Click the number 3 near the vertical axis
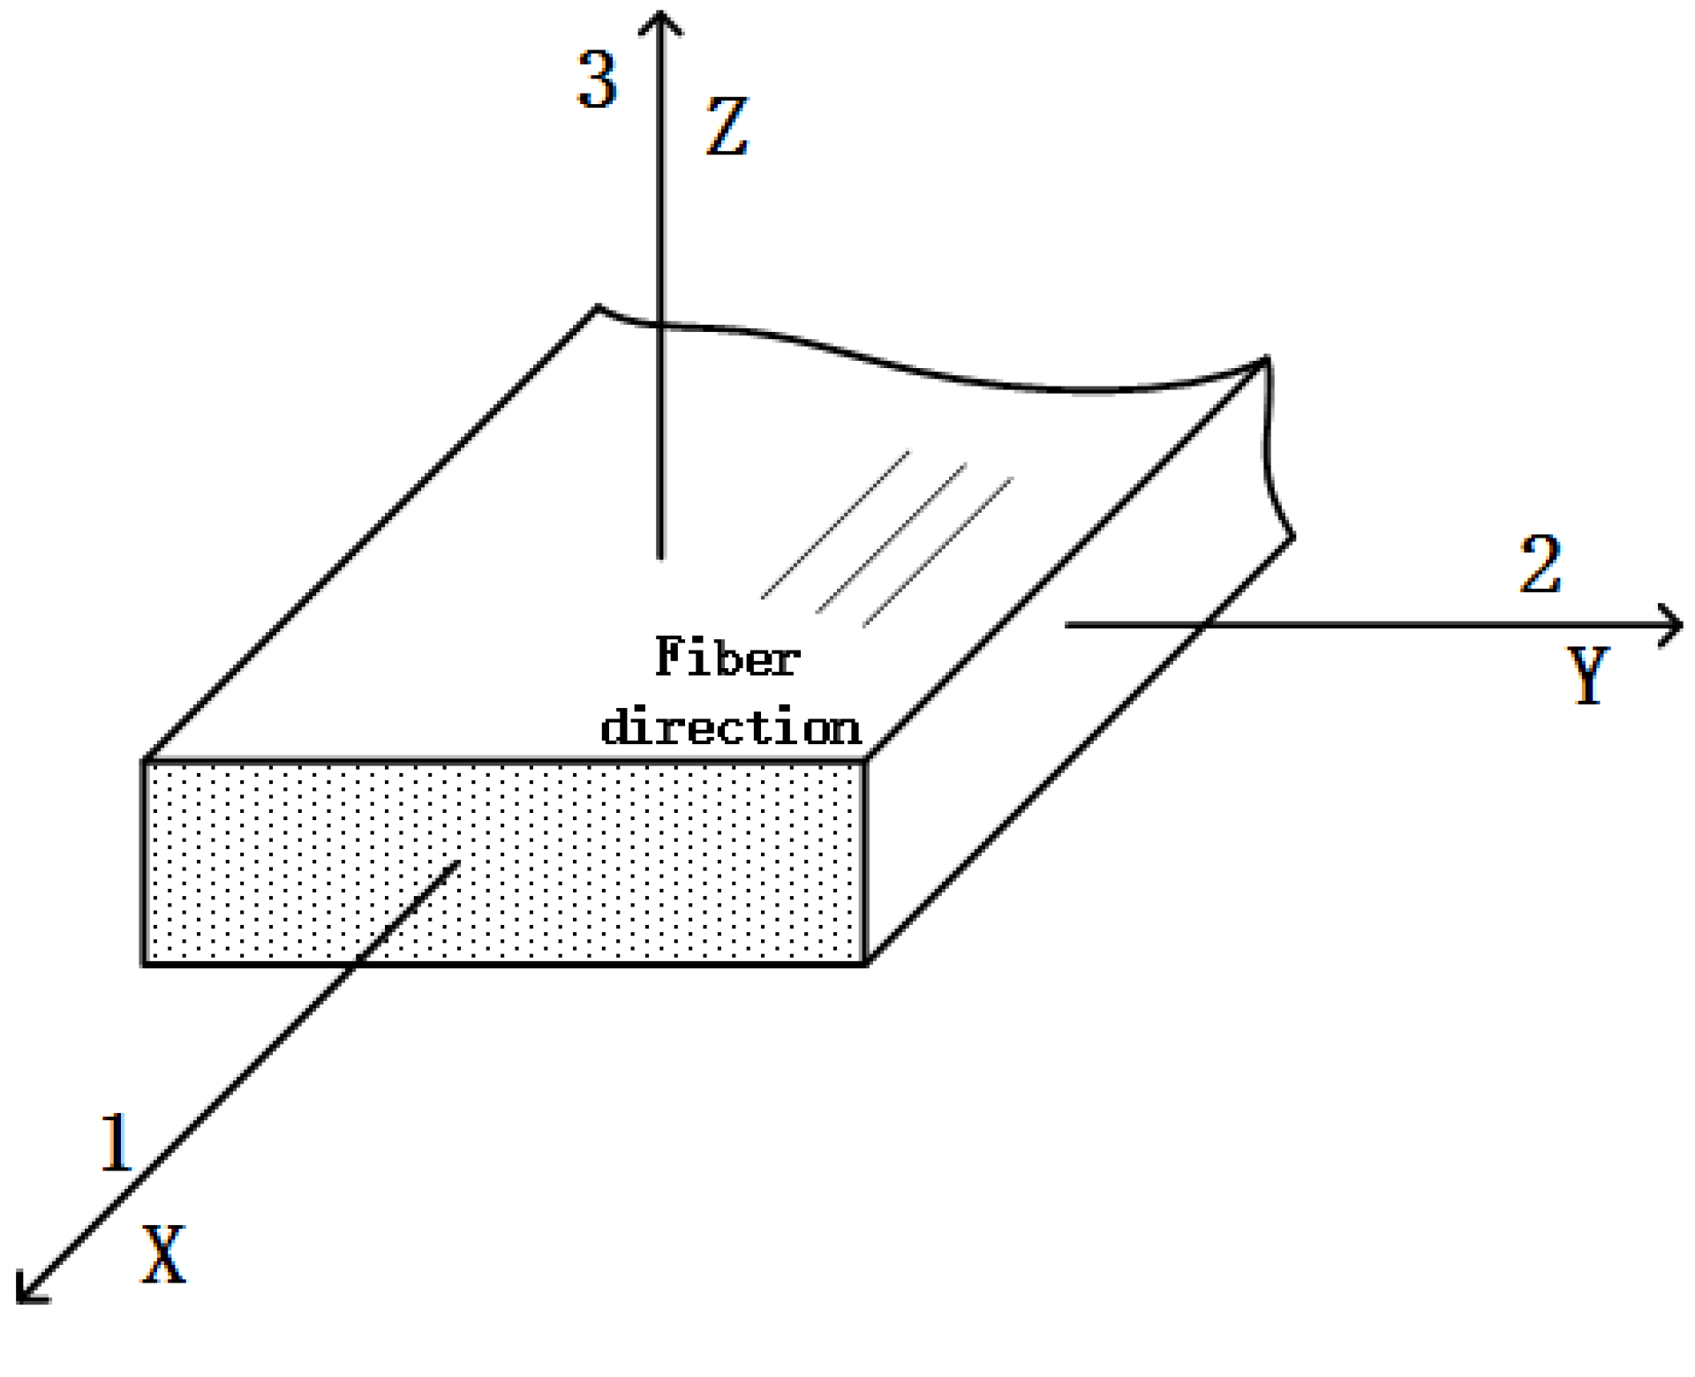597,79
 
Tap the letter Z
727,127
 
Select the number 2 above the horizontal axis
1541,565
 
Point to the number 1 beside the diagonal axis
116,1143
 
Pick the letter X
165,1253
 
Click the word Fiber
727,658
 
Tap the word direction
731,728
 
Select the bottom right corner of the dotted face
864,963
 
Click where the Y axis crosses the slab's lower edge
1206,625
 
